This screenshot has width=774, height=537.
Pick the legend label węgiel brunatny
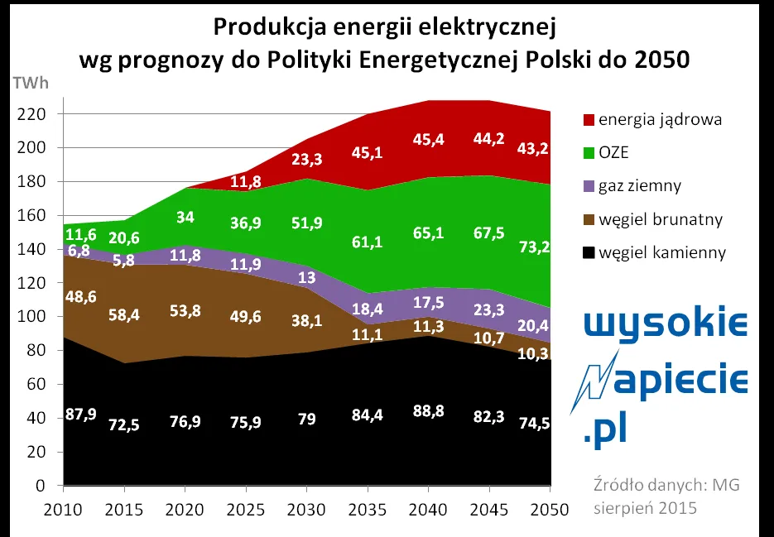tap(664, 219)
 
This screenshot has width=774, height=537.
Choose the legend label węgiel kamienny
tap(665, 252)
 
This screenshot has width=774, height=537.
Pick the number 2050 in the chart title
tap(658, 60)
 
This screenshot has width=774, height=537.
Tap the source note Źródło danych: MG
tap(665, 485)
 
